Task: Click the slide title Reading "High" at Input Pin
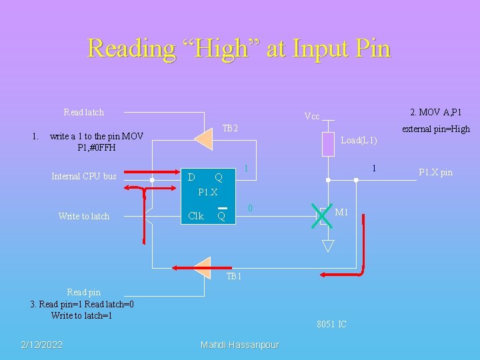click(x=239, y=49)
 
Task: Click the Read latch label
click(x=83, y=112)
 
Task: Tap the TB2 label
click(x=230, y=128)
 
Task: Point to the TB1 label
click(x=233, y=277)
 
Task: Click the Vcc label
click(x=311, y=116)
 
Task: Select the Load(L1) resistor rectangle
click(x=327, y=144)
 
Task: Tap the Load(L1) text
click(x=359, y=140)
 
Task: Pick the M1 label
click(x=341, y=213)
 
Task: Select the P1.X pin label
click(x=435, y=173)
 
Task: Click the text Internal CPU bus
click(x=84, y=177)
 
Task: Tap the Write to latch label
click(x=84, y=216)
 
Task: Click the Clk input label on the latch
click(x=195, y=216)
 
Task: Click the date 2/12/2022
click(x=42, y=344)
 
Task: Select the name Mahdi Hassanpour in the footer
click(x=240, y=345)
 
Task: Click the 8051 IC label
click(x=331, y=324)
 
